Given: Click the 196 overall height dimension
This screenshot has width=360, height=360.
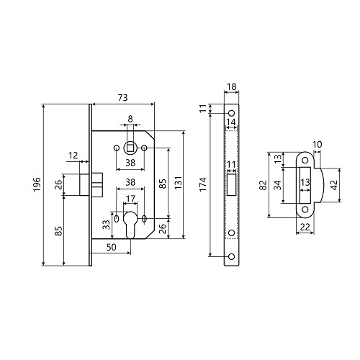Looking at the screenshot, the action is point(37,184).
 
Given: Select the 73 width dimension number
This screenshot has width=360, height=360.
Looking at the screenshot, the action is point(122,98).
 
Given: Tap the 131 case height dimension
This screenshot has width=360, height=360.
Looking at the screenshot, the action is point(179,183).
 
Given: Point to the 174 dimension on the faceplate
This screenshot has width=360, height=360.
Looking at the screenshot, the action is point(203,184).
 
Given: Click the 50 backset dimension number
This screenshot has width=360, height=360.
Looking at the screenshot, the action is point(112,247).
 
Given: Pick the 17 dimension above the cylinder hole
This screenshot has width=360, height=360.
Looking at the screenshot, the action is point(130,199).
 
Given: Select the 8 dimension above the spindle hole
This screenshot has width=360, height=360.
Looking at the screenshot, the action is point(130,119).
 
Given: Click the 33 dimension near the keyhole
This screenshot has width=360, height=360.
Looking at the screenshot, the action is point(106,225).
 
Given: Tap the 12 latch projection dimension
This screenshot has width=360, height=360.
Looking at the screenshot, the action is point(73,156).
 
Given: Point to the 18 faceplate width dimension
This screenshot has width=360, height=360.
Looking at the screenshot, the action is point(232,86).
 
